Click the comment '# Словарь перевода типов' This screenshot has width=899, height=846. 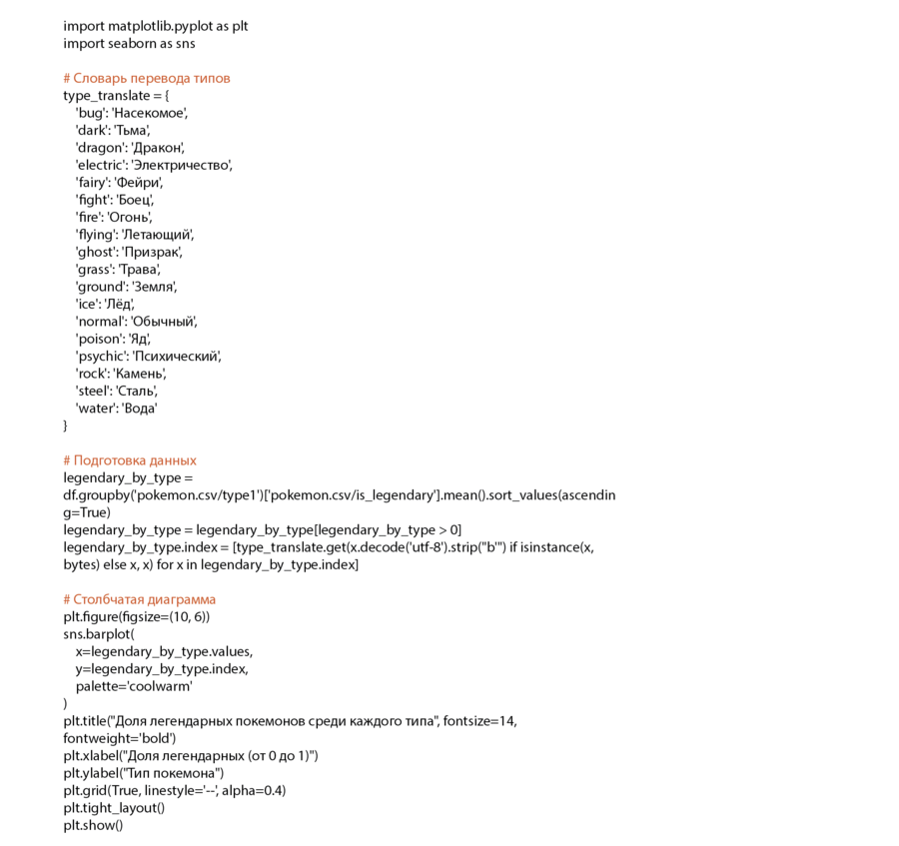(x=146, y=78)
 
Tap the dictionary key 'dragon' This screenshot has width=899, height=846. (x=98, y=148)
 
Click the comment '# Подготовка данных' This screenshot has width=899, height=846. (x=130, y=460)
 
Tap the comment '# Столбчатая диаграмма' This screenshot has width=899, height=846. (x=139, y=599)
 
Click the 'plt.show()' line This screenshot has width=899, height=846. (x=93, y=825)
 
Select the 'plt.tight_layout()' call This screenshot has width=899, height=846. (x=114, y=808)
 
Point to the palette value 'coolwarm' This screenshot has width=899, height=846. (x=159, y=686)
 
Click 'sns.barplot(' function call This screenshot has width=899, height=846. (x=98, y=634)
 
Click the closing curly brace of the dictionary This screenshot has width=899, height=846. (x=66, y=425)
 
